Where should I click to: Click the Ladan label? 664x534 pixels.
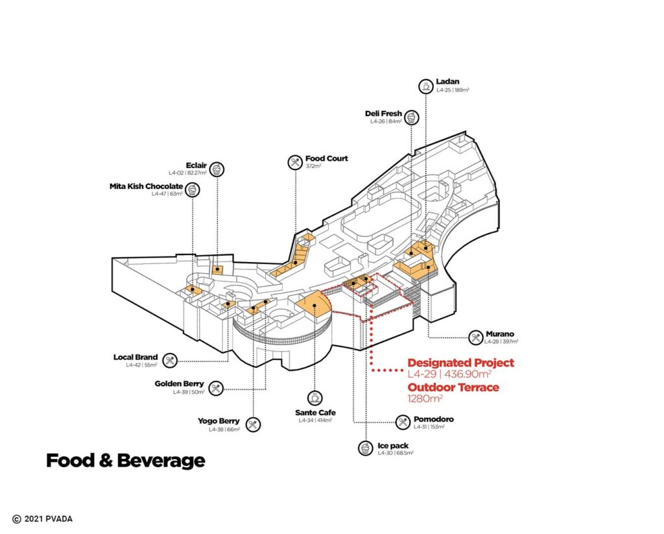[447, 82]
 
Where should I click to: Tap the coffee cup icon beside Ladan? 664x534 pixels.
[425, 86]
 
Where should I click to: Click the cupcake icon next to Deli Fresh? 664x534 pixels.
[411, 117]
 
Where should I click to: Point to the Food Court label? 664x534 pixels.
[326, 158]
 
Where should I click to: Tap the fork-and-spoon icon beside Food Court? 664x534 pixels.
[295, 162]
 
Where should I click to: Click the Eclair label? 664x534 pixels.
[196, 165]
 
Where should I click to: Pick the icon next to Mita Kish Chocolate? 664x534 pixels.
[192, 189]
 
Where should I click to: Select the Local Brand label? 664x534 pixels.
[136, 358]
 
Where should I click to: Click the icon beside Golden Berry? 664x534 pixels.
[216, 387]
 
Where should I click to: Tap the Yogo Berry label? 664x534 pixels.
[219, 421]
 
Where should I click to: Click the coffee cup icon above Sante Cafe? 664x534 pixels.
[314, 397]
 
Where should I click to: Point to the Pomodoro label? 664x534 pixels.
[434, 419]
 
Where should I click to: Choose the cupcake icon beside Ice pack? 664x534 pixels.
[364, 448]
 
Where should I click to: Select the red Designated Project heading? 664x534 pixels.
[460, 363]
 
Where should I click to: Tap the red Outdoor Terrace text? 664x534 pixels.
[453, 387]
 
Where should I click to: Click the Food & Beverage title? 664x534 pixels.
[125, 461]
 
